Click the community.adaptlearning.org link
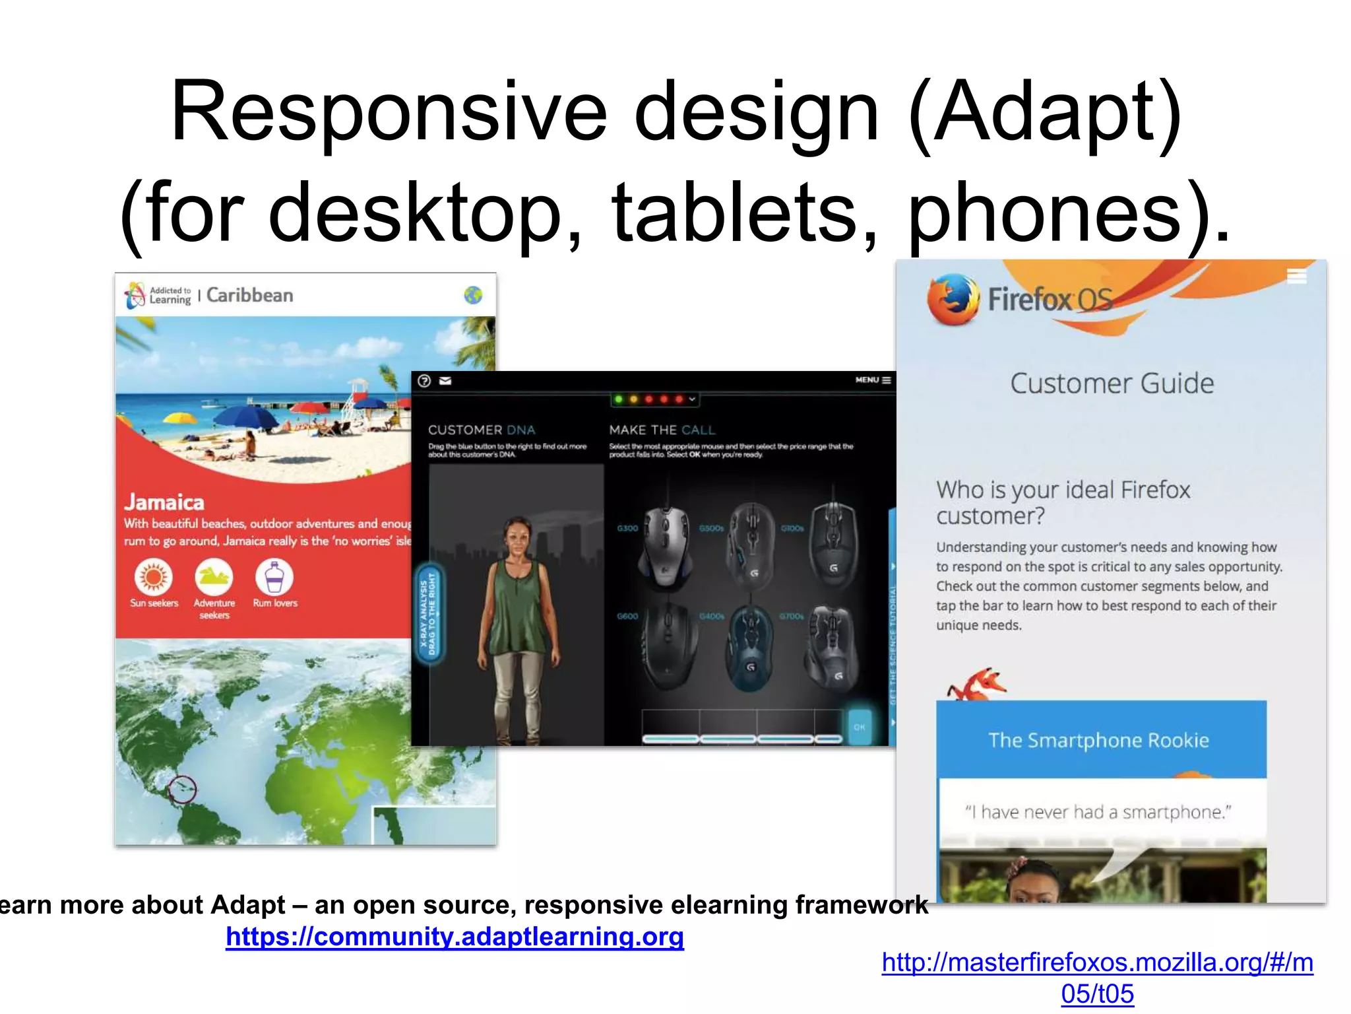[x=455, y=937]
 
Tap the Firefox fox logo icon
[x=953, y=300]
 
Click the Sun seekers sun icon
[x=154, y=576]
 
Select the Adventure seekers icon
[x=214, y=576]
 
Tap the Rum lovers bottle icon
[x=274, y=576]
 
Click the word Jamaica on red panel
[x=164, y=502]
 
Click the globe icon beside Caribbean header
[x=473, y=295]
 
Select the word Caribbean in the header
[x=249, y=295]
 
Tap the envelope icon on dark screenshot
[x=445, y=381]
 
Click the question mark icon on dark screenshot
[x=424, y=381]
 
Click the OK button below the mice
[x=859, y=727]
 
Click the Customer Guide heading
[x=1112, y=384]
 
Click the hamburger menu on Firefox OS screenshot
[x=1296, y=276]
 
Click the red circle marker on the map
[x=182, y=788]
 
